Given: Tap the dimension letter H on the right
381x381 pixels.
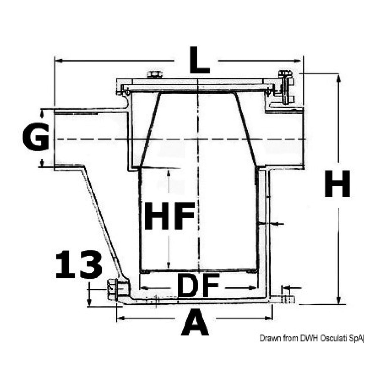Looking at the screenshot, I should (x=337, y=184).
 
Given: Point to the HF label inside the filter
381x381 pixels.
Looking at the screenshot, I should (x=169, y=216).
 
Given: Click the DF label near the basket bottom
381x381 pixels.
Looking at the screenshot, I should (x=198, y=286).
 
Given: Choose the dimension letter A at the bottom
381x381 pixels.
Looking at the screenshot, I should (x=195, y=322).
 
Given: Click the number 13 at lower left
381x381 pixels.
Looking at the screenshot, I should (x=78, y=265).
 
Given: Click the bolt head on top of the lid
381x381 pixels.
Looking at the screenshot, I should (x=154, y=75).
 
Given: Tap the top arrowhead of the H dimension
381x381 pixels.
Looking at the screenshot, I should (x=338, y=77).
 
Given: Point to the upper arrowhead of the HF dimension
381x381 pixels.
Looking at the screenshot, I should (x=169, y=172).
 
